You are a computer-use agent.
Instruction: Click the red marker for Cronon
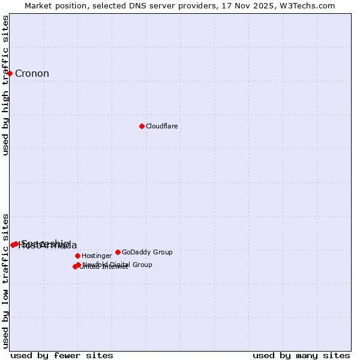[x=10, y=73]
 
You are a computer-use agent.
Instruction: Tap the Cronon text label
[x=32, y=74]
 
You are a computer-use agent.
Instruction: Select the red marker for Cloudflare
[x=142, y=126]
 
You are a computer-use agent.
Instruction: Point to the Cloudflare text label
[x=161, y=126]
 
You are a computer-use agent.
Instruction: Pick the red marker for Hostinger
[x=77, y=256]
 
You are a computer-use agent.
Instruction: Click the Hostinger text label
[x=97, y=256]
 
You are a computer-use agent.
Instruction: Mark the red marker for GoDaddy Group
[x=118, y=252]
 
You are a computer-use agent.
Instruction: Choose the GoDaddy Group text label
[x=147, y=252]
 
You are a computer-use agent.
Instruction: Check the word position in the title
[x=73, y=5]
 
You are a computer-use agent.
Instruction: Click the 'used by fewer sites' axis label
[x=62, y=355]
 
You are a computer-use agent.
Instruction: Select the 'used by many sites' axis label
[x=301, y=355]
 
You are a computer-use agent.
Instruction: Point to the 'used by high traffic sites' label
[x=5, y=86]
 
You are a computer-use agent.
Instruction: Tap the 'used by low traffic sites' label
[x=5, y=280]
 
